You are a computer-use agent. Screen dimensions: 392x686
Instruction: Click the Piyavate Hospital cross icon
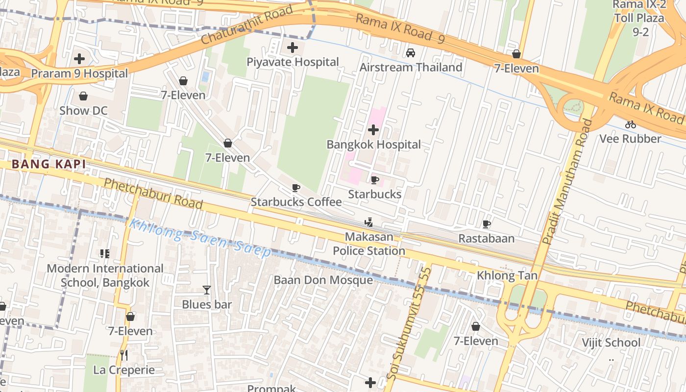[x=293, y=48]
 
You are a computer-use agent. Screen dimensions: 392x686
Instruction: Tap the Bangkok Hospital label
[x=373, y=145]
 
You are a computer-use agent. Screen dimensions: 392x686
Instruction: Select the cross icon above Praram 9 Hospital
[x=79, y=59]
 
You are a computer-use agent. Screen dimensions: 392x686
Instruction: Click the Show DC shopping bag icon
[x=83, y=96]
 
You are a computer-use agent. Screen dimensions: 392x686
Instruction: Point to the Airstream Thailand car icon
[x=411, y=52]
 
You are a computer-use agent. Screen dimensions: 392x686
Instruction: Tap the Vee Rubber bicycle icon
[x=631, y=124]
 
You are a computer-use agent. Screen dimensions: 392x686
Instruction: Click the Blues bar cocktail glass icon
[x=207, y=290]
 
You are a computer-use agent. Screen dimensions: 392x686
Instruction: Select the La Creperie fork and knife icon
[x=124, y=355]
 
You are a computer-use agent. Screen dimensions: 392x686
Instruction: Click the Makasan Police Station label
[x=369, y=244]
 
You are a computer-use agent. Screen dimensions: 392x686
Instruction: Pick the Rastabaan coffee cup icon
[x=486, y=224]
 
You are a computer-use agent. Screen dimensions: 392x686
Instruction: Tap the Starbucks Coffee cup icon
[x=296, y=188]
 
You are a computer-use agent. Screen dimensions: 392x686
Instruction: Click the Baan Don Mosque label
[x=323, y=280]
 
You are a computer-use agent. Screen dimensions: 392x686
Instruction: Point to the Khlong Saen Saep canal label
[x=199, y=238]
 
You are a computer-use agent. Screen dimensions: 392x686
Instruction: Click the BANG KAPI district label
[x=49, y=164]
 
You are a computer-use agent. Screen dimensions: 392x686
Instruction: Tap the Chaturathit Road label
[x=247, y=26]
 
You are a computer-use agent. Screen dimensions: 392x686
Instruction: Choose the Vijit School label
[x=611, y=342]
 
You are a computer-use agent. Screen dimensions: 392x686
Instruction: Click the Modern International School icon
[x=104, y=254]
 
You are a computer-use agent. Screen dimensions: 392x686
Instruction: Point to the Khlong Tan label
[x=507, y=275]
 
